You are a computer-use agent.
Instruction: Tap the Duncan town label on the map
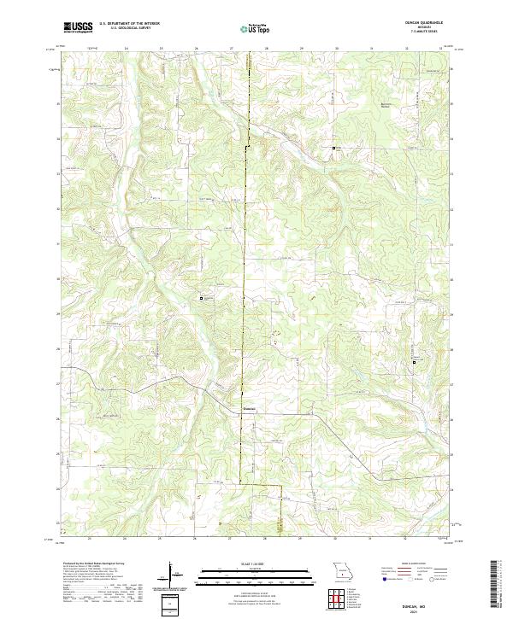click(x=248, y=408)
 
